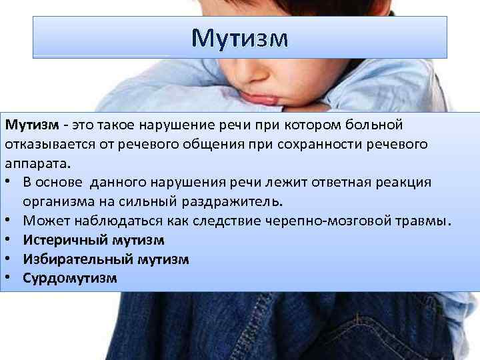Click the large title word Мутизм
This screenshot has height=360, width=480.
pyautogui.click(x=240, y=39)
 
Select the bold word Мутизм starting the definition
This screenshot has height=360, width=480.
pyautogui.click(x=32, y=125)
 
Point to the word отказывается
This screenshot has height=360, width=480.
pyautogui.click(x=50, y=145)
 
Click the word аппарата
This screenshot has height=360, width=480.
pyautogui.click(x=37, y=164)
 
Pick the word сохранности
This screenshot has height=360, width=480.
pyautogui.click(x=320, y=145)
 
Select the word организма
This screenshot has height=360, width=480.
pyautogui.click(x=59, y=202)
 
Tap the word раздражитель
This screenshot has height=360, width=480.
pyautogui.click(x=232, y=201)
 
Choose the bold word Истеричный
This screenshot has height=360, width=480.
pyautogui.click(x=65, y=240)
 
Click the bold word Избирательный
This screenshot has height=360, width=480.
pyautogui.click(x=78, y=259)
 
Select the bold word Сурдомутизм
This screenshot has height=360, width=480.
pyautogui.click(x=70, y=279)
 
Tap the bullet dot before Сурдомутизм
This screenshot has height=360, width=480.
pyautogui.click(x=7, y=277)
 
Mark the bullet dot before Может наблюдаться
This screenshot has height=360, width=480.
pyautogui.click(x=7, y=219)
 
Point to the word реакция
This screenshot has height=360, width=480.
pyautogui.click(x=403, y=183)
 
